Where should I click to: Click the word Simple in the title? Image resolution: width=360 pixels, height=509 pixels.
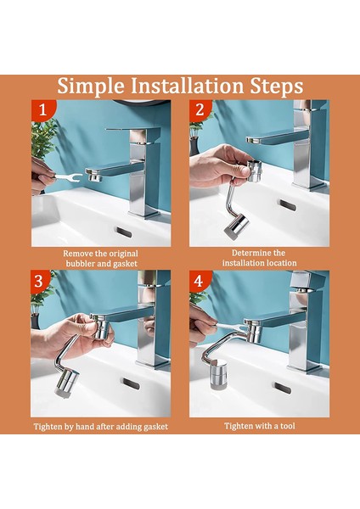[x=89, y=87]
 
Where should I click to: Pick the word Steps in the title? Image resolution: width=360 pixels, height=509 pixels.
[x=274, y=87]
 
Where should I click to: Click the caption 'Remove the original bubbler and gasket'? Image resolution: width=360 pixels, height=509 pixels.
[x=100, y=258]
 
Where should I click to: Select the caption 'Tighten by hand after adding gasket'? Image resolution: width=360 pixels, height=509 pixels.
[x=100, y=426]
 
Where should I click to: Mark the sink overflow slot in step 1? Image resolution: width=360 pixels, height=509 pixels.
[x=124, y=231]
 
